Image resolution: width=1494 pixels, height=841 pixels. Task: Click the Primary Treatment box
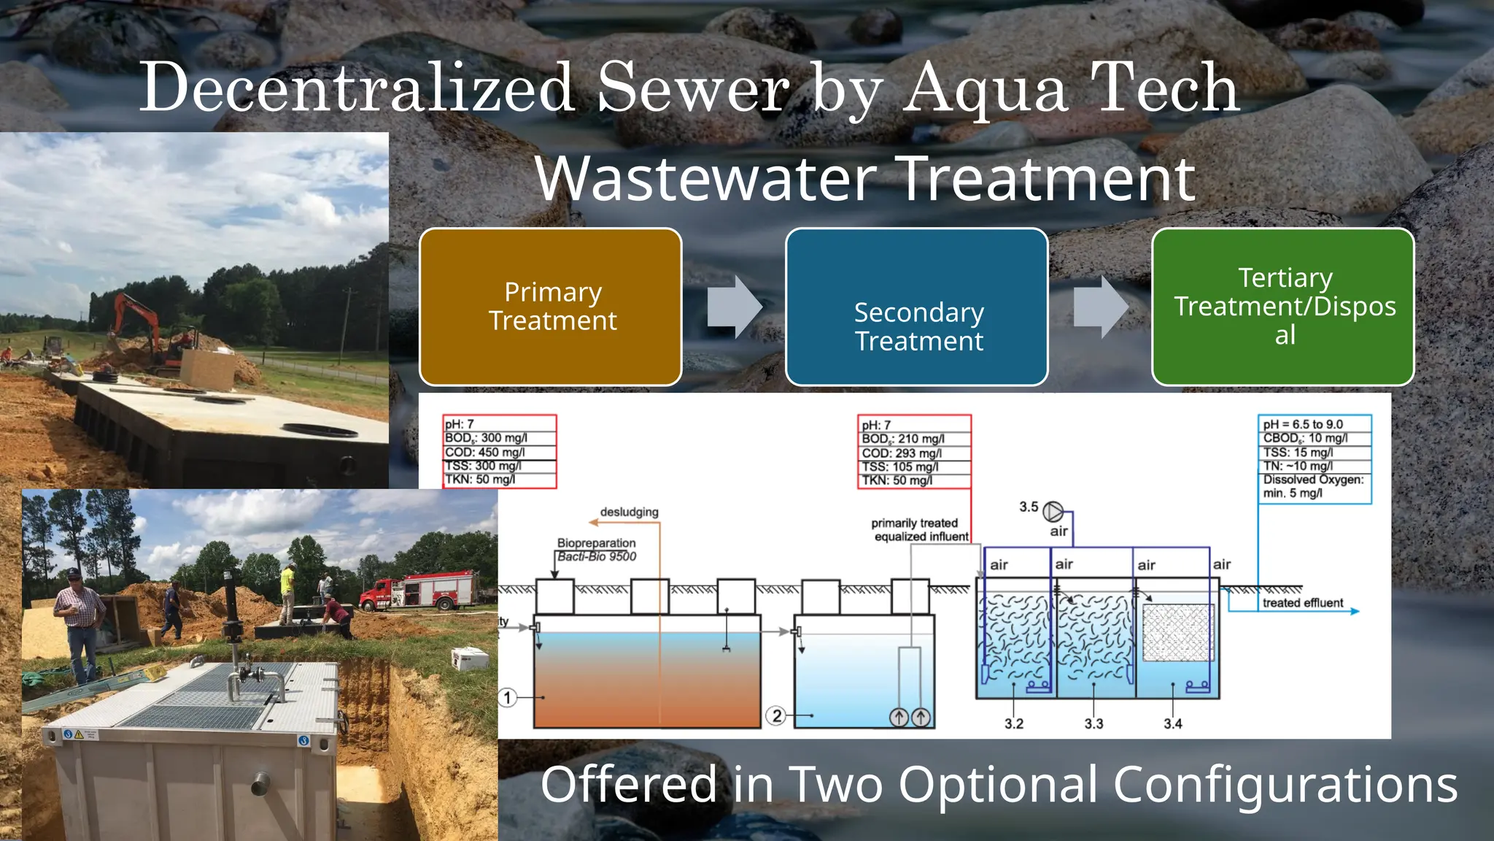click(x=551, y=307)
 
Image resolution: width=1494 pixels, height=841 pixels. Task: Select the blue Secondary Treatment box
click(x=917, y=307)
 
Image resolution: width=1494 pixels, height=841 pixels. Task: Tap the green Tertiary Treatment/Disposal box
click(x=1283, y=307)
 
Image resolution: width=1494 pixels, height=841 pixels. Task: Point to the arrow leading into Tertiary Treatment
click(x=1101, y=307)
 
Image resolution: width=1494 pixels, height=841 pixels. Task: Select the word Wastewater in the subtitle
click(x=706, y=179)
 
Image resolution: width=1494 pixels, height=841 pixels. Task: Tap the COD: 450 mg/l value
click(x=485, y=452)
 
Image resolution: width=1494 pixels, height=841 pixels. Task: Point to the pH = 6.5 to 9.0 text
click(x=1303, y=424)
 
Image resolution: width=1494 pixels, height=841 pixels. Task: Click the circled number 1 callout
click(x=508, y=697)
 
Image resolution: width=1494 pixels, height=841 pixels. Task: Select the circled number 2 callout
click(x=777, y=715)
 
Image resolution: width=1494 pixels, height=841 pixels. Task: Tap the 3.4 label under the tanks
click(x=1173, y=723)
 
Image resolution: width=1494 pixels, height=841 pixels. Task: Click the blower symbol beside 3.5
click(x=1053, y=511)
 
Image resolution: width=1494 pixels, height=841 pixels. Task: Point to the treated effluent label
click(x=1303, y=603)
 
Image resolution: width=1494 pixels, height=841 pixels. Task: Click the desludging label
click(x=629, y=512)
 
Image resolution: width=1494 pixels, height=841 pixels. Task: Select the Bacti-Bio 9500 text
click(x=597, y=556)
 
